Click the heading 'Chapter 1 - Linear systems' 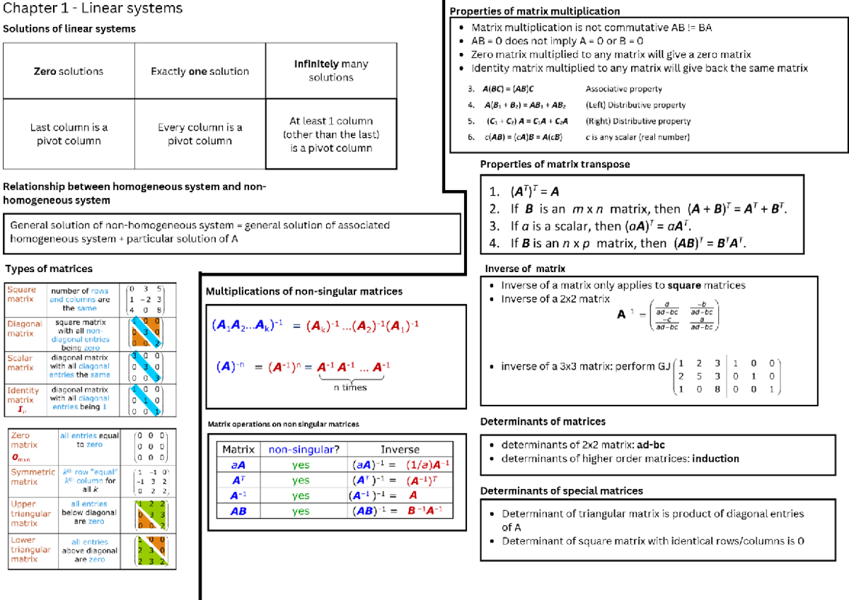(x=93, y=9)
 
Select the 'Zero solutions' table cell (x=69, y=71)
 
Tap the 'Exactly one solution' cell (x=200, y=71)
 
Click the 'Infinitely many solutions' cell (x=330, y=71)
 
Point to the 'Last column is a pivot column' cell (x=69, y=134)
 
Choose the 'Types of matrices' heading (x=49, y=269)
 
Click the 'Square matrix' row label (x=21, y=294)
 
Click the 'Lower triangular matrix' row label (x=30, y=549)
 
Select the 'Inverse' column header (x=400, y=449)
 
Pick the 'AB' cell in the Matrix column (x=238, y=511)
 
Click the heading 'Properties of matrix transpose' (x=555, y=165)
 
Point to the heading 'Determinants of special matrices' (x=562, y=490)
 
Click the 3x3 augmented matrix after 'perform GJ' (x=727, y=376)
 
